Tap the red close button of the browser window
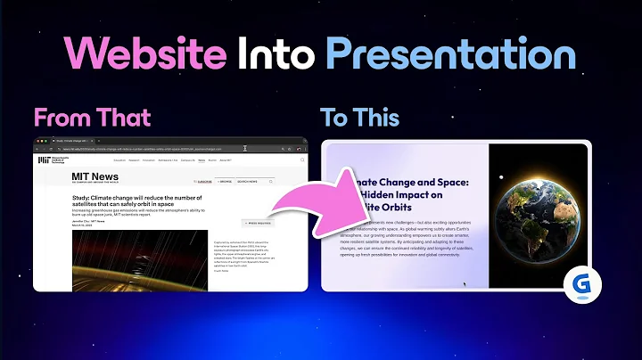click(37, 142)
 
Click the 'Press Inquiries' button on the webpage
click(258, 223)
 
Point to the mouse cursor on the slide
click(465, 284)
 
